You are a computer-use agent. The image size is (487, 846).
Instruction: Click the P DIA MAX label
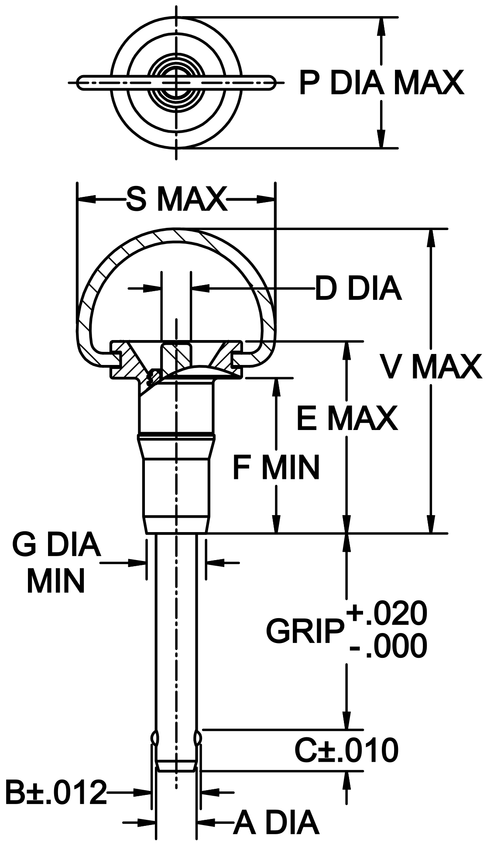click(381, 83)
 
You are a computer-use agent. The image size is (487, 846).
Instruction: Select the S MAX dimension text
click(177, 199)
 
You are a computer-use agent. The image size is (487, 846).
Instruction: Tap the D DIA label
click(358, 289)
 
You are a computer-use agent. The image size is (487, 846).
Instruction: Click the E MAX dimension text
click(347, 418)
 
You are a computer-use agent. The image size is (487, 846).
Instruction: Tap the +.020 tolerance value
click(387, 613)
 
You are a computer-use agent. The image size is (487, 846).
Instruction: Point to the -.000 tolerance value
click(388, 647)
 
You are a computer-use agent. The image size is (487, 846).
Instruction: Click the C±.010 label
click(346, 750)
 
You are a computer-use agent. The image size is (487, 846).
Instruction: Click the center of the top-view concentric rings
click(176, 83)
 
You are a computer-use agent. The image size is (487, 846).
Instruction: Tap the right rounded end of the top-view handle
click(271, 83)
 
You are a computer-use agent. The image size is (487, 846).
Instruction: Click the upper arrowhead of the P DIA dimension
click(381, 26)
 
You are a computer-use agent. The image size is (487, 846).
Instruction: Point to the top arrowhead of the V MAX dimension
click(431, 238)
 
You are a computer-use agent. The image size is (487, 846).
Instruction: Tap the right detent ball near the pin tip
click(199, 738)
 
